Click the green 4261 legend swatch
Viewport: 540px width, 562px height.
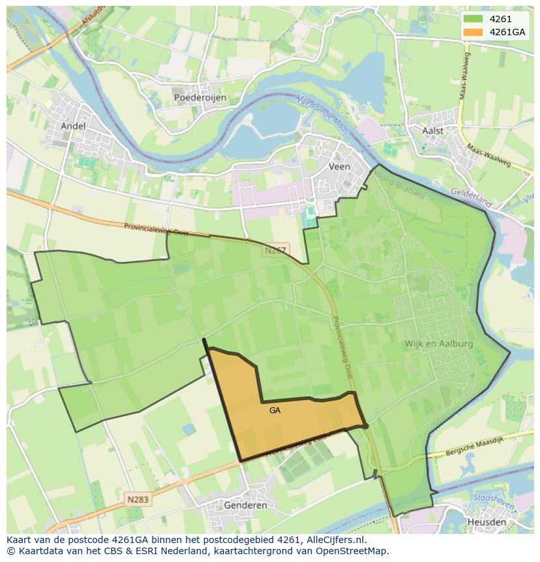coord(473,20)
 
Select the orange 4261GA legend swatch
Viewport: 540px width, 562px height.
coord(473,32)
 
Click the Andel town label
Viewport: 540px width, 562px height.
coord(72,125)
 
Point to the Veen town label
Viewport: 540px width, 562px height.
coord(339,166)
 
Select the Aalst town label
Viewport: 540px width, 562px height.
coord(432,131)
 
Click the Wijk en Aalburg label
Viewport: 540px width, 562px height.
coord(438,343)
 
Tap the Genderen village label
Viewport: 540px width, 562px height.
coord(245,505)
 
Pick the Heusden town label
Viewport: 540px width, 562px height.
coord(487,522)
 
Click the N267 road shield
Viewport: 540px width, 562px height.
coord(276,250)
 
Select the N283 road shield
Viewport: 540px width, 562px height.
coord(138,499)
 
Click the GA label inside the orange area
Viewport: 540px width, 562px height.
coord(275,411)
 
